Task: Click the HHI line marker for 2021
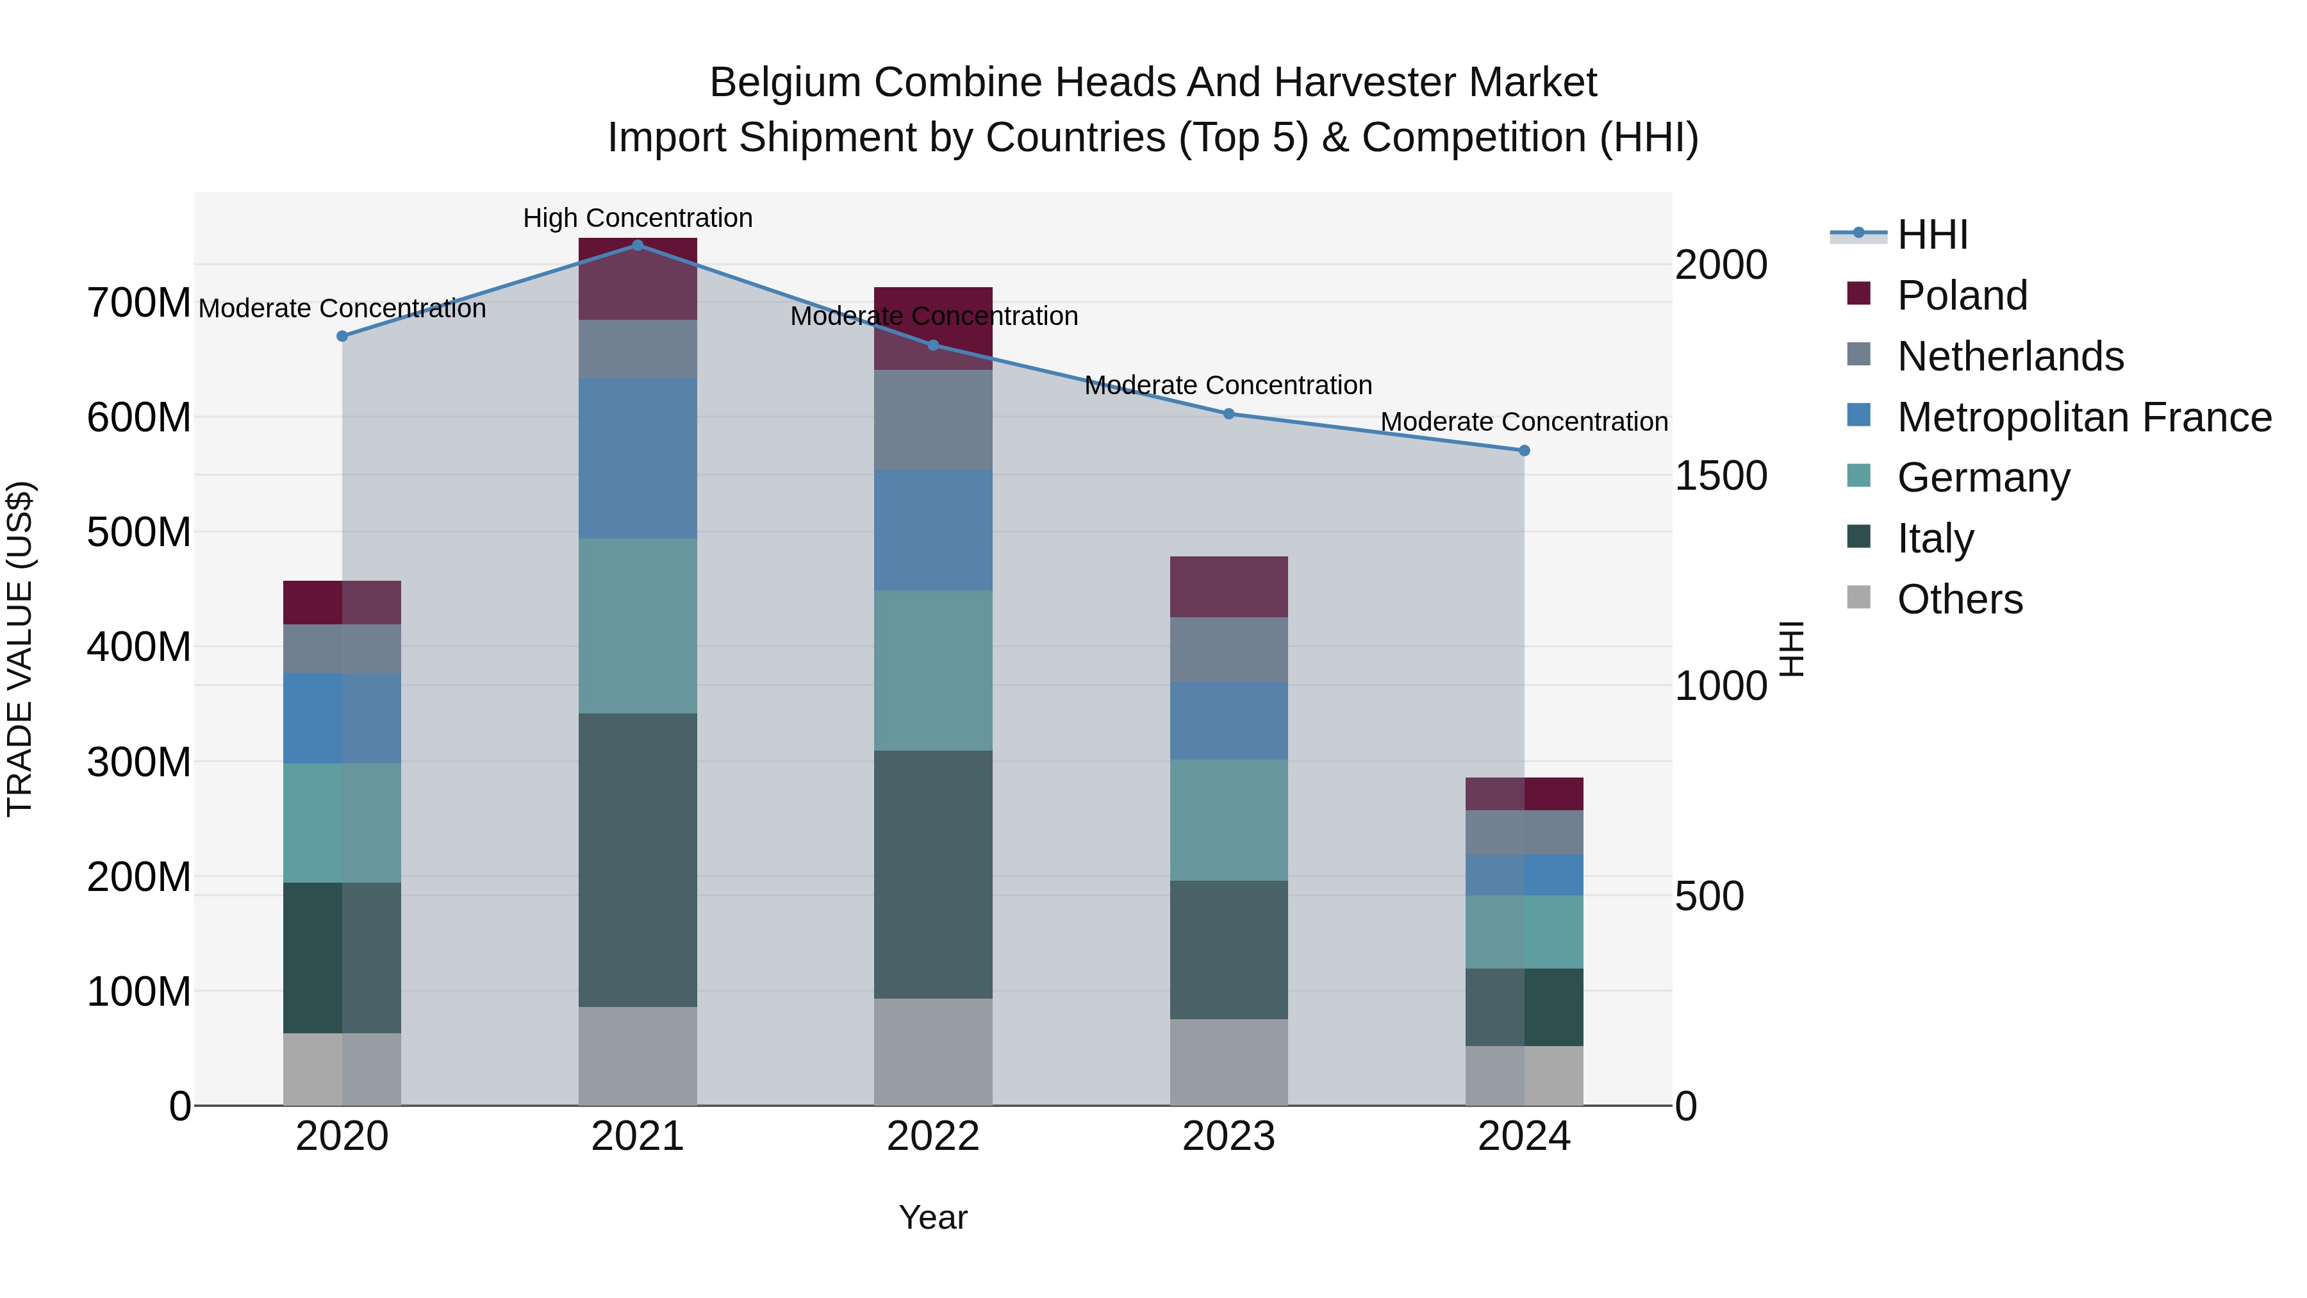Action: [x=638, y=245]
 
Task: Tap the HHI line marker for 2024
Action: [x=1525, y=451]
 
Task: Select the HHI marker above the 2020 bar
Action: [x=342, y=336]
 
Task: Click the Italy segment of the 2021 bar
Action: [x=638, y=860]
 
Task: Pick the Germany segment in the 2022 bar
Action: [x=933, y=670]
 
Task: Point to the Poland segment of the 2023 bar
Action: [x=1228, y=587]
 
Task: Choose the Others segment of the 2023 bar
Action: [x=1228, y=1061]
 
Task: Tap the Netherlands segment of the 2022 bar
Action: [x=933, y=419]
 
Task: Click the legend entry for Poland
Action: [x=1962, y=295]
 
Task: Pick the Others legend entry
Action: [x=1960, y=599]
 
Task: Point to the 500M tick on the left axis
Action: [x=139, y=532]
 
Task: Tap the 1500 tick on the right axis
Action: [x=1721, y=476]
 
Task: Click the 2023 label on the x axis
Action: [x=1228, y=1136]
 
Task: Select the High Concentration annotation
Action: [x=638, y=218]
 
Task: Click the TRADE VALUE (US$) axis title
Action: [x=20, y=649]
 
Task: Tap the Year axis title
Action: [x=933, y=1217]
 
